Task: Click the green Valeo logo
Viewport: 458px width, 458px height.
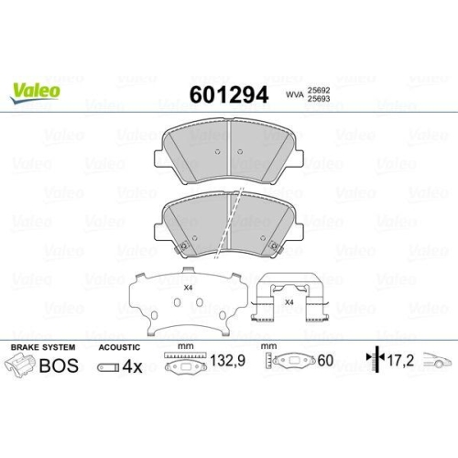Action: [36, 90]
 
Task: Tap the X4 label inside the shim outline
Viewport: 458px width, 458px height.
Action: [189, 289]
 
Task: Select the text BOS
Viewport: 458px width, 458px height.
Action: [60, 368]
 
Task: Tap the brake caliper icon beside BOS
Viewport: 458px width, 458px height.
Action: [24, 368]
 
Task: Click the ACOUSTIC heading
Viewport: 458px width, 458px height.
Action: [118, 348]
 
